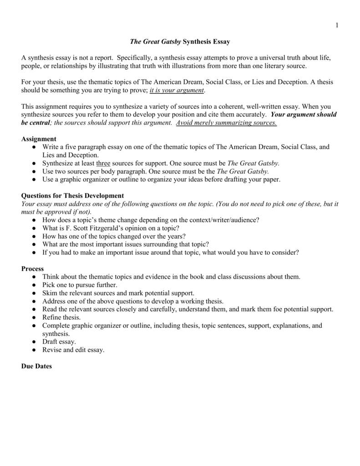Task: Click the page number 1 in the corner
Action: pyautogui.click(x=337, y=25)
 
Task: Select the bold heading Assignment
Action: pyautogui.click(x=39, y=139)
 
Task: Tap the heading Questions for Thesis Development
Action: pyautogui.click(x=72, y=196)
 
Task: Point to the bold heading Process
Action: pyautogui.click(x=33, y=268)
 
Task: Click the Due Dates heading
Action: pyautogui.click(x=37, y=366)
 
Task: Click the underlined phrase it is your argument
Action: pyautogui.click(x=177, y=91)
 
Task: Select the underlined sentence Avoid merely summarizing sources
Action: pyautogui.click(x=226, y=123)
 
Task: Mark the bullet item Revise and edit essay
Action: pyautogui.click(x=73, y=349)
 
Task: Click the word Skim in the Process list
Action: pyautogui.click(x=50, y=293)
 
